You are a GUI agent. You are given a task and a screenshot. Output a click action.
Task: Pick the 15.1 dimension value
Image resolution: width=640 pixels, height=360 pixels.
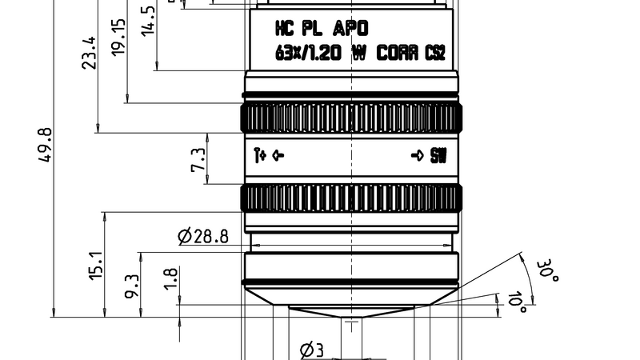(x=96, y=265)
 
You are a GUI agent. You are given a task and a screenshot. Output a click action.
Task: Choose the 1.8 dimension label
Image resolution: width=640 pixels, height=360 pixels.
(x=170, y=278)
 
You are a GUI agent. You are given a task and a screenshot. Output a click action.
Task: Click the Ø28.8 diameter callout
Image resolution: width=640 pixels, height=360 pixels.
(x=203, y=236)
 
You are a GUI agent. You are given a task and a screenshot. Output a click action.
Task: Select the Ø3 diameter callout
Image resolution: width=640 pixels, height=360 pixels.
(x=310, y=350)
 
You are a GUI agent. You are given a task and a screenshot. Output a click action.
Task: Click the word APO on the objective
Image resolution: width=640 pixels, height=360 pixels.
(x=351, y=30)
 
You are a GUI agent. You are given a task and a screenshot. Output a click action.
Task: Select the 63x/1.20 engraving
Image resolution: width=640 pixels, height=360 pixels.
(x=309, y=53)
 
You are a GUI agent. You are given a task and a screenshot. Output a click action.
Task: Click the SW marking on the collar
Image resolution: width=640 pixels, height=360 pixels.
(x=438, y=156)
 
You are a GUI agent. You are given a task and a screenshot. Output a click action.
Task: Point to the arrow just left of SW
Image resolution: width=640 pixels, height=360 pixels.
(x=417, y=156)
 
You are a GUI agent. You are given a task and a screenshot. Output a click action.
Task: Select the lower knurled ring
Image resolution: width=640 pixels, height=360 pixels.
(x=351, y=197)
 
